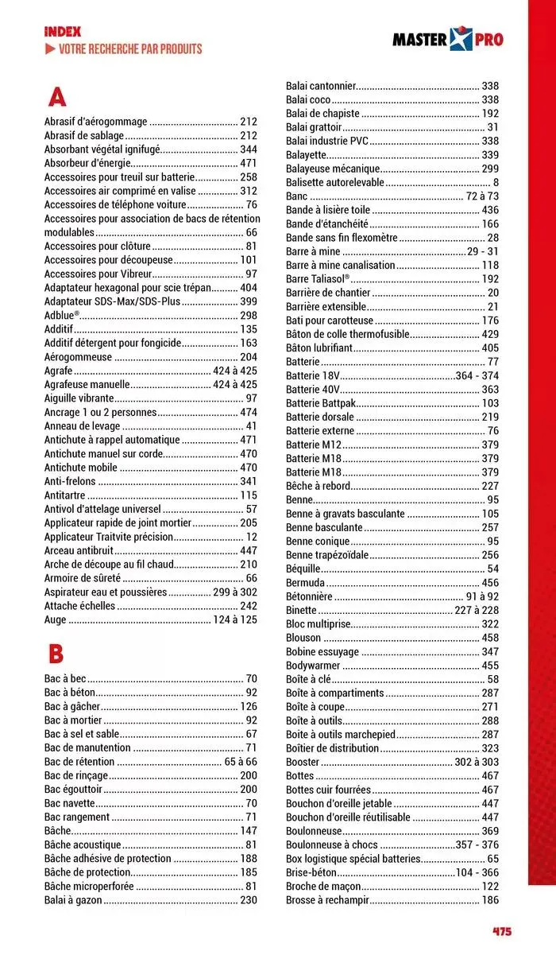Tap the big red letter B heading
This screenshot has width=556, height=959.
[56, 654]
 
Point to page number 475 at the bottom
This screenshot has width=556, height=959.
[501, 931]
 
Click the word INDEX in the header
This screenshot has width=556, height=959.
[63, 32]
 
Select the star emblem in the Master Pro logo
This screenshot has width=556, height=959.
[461, 39]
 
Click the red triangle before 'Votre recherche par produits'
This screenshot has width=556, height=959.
[50, 49]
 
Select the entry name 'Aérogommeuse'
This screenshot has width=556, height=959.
[78, 357]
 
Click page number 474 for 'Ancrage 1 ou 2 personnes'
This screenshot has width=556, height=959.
[248, 412]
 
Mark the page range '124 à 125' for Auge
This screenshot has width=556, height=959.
[234, 619]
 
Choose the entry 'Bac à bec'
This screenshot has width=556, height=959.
[65, 678]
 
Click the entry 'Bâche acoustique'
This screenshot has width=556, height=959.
[83, 844]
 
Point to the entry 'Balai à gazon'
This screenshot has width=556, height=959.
[73, 899]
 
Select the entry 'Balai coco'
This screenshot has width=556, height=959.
[308, 99]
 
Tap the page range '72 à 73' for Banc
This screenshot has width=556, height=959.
[482, 196]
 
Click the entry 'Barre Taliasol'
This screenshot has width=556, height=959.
[317, 278]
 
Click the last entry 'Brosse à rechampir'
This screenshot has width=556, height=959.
[328, 899]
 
